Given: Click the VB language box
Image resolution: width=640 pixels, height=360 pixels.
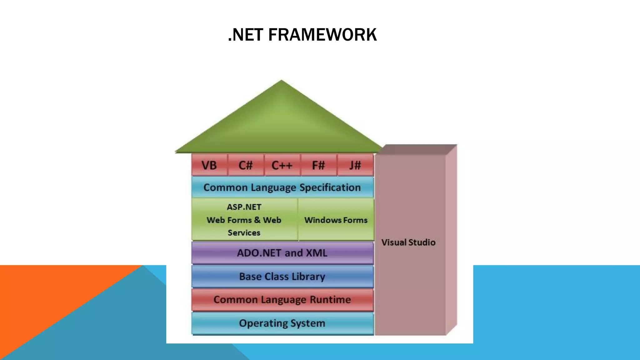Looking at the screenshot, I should [209, 165].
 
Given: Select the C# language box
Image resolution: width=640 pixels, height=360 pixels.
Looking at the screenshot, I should [246, 165].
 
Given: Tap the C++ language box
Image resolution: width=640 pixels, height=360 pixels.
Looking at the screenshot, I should [282, 165].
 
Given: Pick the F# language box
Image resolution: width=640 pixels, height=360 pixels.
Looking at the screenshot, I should [318, 165].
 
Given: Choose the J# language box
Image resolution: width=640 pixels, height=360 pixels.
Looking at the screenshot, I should [355, 165].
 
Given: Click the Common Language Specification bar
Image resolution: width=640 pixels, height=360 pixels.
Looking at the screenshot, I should [282, 187].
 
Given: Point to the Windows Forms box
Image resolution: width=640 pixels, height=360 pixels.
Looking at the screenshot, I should [336, 220].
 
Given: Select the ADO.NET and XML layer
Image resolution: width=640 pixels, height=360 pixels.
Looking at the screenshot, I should [282, 253].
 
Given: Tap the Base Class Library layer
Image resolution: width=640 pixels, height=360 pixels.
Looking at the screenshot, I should [282, 277].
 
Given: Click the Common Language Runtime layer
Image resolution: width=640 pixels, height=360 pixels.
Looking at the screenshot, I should [282, 300].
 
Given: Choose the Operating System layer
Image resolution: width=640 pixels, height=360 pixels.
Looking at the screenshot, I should [282, 323].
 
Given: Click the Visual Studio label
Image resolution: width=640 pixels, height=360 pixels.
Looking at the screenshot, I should [408, 242].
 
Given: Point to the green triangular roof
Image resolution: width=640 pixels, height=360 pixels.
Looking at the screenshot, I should [281, 125].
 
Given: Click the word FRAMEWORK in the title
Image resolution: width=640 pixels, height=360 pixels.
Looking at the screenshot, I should [322, 35].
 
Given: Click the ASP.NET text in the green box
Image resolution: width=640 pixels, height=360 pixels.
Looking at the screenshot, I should [244, 207].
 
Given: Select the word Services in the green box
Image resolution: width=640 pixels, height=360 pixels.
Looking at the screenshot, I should [244, 233].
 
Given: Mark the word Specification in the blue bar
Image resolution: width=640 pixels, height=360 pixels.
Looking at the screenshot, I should [330, 187].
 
